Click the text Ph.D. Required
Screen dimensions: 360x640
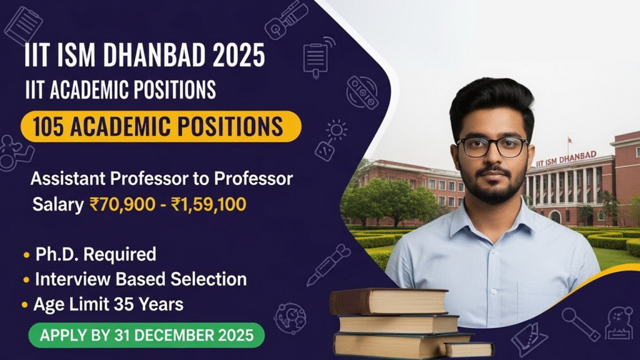95,255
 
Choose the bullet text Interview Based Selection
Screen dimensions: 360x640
141,279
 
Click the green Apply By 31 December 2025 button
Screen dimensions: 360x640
147,335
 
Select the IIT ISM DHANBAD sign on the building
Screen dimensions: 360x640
566,159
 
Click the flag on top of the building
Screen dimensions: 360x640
569,141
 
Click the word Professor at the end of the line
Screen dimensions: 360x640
254,179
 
